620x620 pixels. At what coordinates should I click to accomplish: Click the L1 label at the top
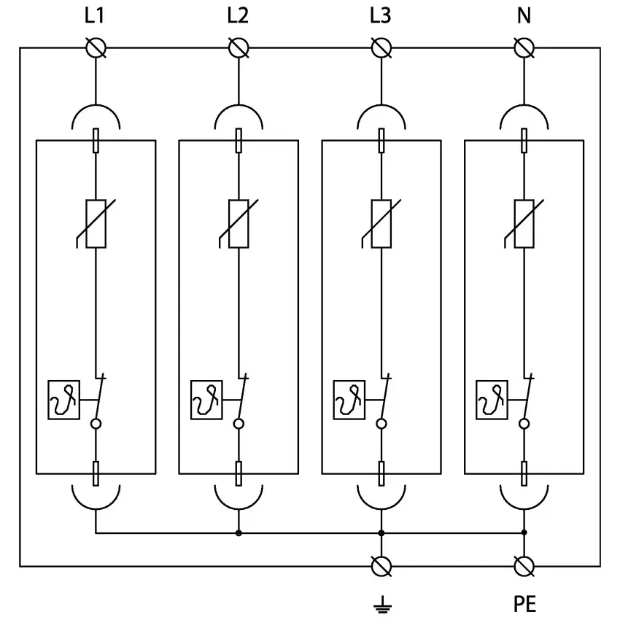[95, 16]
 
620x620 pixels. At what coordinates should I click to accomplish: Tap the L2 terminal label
[238, 16]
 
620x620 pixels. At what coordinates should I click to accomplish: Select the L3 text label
[380, 16]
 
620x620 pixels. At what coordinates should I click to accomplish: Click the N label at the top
[524, 16]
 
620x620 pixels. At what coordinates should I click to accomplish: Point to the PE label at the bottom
[524, 604]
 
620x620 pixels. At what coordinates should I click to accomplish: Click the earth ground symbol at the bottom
[381, 604]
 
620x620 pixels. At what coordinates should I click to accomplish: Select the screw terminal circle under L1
[96, 48]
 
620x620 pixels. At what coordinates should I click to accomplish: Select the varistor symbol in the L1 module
[96, 223]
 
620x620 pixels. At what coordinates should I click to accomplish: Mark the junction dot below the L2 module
[239, 533]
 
